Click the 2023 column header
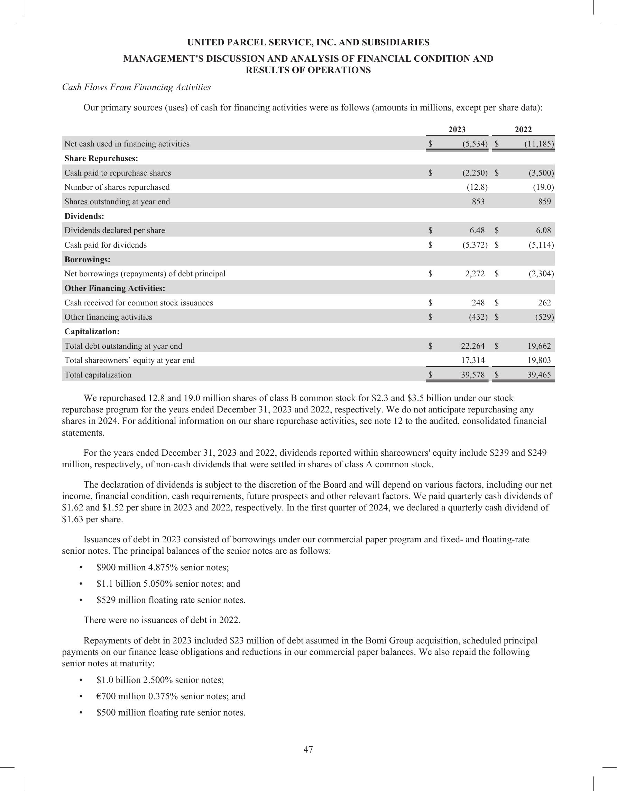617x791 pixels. point(457,130)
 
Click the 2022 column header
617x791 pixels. point(523,130)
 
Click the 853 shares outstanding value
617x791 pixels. point(478,202)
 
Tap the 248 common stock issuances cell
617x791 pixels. point(477,303)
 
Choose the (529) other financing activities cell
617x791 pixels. point(544,317)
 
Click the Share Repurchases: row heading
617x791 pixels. point(101,159)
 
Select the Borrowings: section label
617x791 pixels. point(87,260)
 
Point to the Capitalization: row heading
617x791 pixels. point(92,332)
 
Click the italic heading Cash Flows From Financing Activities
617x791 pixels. point(136,87)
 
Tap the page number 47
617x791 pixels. point(308,749)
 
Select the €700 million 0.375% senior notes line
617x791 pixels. point(171,696)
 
